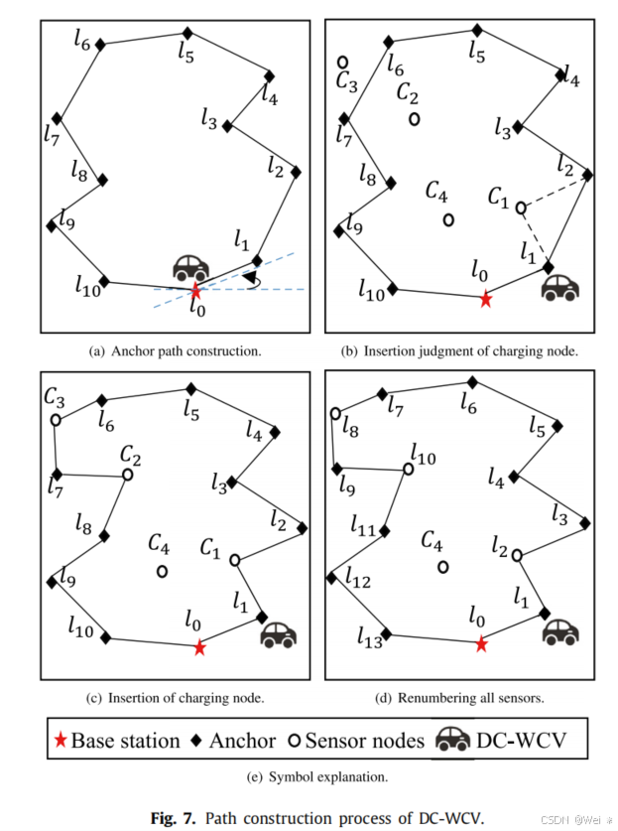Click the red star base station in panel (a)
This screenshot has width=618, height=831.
click(196, 291)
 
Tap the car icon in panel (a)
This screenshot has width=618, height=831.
click(191, 267)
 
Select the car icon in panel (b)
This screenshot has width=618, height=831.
click(559, 287)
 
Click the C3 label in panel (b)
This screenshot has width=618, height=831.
click(347, 83)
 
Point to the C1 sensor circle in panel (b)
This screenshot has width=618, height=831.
click(520, 208)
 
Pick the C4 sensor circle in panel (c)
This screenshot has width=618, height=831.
click(162, 571)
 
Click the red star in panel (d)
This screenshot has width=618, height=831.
click(481, 644)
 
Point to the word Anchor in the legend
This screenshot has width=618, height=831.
click(242, 740)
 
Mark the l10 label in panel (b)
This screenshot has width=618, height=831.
click(371, 291)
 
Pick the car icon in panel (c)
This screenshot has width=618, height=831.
click(279, 633)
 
